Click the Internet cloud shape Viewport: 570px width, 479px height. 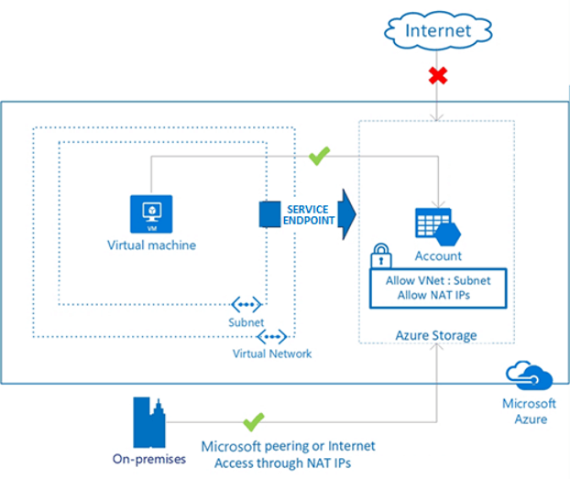(438, 30)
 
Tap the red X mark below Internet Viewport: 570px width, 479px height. (438, 76)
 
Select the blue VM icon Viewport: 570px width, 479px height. (151, 214)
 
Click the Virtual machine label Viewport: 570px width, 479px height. (151, 245)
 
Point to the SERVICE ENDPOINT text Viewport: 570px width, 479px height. (309, 215)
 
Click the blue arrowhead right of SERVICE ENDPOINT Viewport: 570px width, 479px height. (346, 214)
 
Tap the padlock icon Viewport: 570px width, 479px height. (381, 256)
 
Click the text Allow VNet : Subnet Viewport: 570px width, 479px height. (438, 280)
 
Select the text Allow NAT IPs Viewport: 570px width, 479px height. (433, 295)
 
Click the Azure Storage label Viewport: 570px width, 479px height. (436, 335)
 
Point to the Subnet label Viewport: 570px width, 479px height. (247, 322)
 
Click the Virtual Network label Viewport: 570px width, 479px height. (272, 354)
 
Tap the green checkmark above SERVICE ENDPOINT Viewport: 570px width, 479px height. (319, 156)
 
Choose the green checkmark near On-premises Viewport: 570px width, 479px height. (253, 422)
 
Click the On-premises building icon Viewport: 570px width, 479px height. (149, 422)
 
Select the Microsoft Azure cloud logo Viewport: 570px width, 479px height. (530, 376)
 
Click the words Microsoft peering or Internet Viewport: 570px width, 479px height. (289, 446)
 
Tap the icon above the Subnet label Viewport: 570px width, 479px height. (247, 305)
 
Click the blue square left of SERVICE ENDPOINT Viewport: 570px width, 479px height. (269, 214)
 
